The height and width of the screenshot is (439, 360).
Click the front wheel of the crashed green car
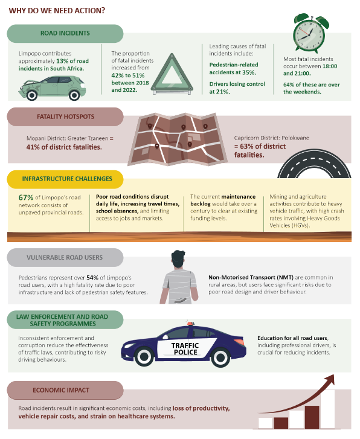(31, 95)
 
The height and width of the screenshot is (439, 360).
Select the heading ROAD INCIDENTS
(65, 33)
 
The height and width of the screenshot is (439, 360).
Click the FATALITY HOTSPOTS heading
(66, 117)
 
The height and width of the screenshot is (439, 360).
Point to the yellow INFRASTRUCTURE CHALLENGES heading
(67, 179)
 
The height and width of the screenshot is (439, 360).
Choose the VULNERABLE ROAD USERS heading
(65, 258)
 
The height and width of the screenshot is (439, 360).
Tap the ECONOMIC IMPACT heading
(61, 390)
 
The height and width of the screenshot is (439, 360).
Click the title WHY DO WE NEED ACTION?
(57, 11)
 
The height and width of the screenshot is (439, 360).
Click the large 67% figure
(26, 197)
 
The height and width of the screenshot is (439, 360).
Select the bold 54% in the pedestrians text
(92, 278)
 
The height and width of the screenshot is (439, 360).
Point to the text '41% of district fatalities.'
(64, 147)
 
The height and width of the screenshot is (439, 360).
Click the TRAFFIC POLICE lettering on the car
(185, 349)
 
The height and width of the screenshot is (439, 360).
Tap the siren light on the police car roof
(191, 324)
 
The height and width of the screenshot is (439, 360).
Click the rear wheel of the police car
(144, 356)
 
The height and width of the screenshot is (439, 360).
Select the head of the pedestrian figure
(178, 260)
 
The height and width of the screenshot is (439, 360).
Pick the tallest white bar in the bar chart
(327, 409)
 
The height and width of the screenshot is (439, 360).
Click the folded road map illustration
(177, 139)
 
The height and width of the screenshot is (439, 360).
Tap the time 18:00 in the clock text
(330, 66)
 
